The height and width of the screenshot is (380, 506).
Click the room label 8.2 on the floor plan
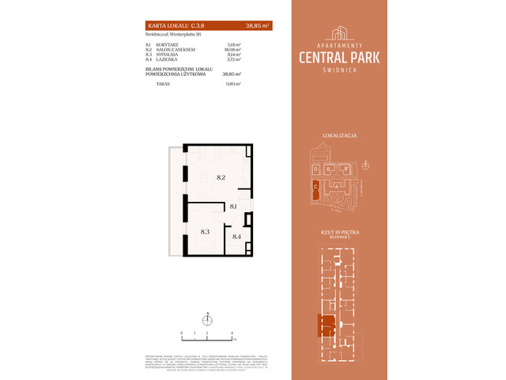click(x=221, y=178)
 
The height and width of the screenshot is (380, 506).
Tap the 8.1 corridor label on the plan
click(x=234, y=206)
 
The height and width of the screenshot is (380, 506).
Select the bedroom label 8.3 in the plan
click(x=204, y=231)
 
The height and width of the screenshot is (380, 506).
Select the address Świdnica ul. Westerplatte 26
click(x=174, y=35)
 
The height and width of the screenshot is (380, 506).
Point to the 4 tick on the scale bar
click(x=231, y=333)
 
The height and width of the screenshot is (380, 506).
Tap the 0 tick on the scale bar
click(x=181, y=333)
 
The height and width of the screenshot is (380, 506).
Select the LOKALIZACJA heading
click(x=342, y=136)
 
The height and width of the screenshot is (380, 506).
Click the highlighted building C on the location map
click(x=315, y=188)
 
